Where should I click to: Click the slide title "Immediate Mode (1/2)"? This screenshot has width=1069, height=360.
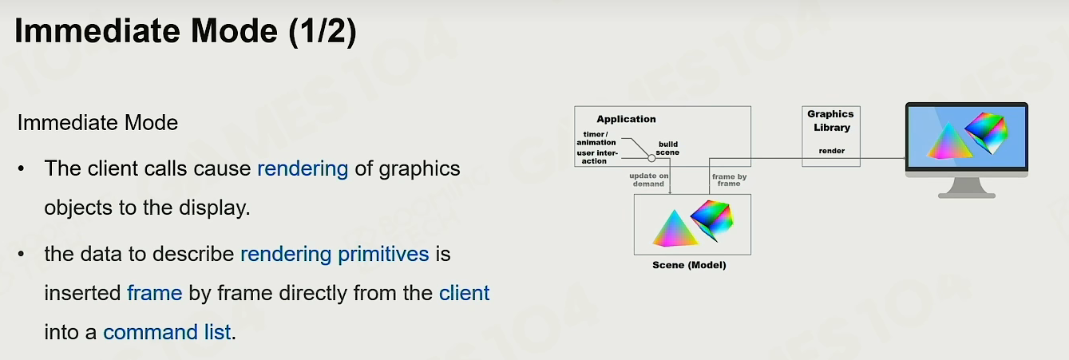(186, 31)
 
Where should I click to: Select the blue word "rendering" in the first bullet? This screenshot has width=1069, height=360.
(303, 169)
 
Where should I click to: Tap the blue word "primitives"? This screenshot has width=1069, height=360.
(383, 255)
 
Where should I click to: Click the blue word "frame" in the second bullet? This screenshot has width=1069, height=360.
(155, 293)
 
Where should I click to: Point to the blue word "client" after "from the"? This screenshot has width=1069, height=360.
(464, 293)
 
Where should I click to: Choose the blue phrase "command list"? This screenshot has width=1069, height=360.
(167, 332)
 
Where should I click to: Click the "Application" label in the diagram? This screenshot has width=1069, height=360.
(626, 120)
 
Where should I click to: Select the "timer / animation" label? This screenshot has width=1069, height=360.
(596, 138)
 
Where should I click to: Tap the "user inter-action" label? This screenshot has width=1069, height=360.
(597, 157)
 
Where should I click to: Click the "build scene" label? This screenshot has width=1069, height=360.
(667, 148)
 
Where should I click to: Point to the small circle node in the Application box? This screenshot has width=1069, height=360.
(651, 158)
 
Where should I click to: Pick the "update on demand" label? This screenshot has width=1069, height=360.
(648, 180)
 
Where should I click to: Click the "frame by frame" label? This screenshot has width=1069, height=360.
(729, 180)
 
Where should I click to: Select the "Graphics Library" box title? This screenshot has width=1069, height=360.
(831, 121)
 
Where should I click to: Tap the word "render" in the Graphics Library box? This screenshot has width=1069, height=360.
(831, 151)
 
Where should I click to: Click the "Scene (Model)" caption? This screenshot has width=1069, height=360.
(689, 265)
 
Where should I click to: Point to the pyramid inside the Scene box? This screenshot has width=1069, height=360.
(674, 230)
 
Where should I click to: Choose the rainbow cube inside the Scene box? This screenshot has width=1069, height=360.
(712, 220)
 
